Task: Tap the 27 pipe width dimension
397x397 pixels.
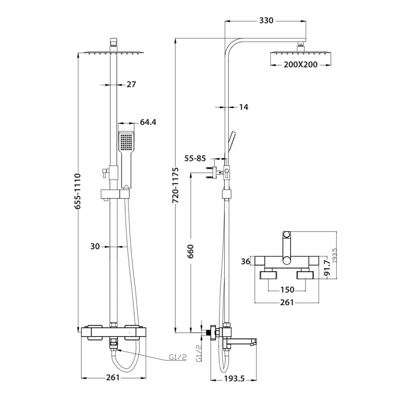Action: tap(131, 85)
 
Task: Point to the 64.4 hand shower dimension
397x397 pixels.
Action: tap(147, 122)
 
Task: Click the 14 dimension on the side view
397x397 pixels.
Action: tap(243, 107)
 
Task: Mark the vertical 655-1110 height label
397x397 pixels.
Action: tap(78, 191)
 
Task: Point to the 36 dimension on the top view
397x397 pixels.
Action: tap(245, 260)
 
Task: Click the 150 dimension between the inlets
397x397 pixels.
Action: tap(287, 290)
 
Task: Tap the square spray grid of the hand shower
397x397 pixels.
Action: tap(126, 140)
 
